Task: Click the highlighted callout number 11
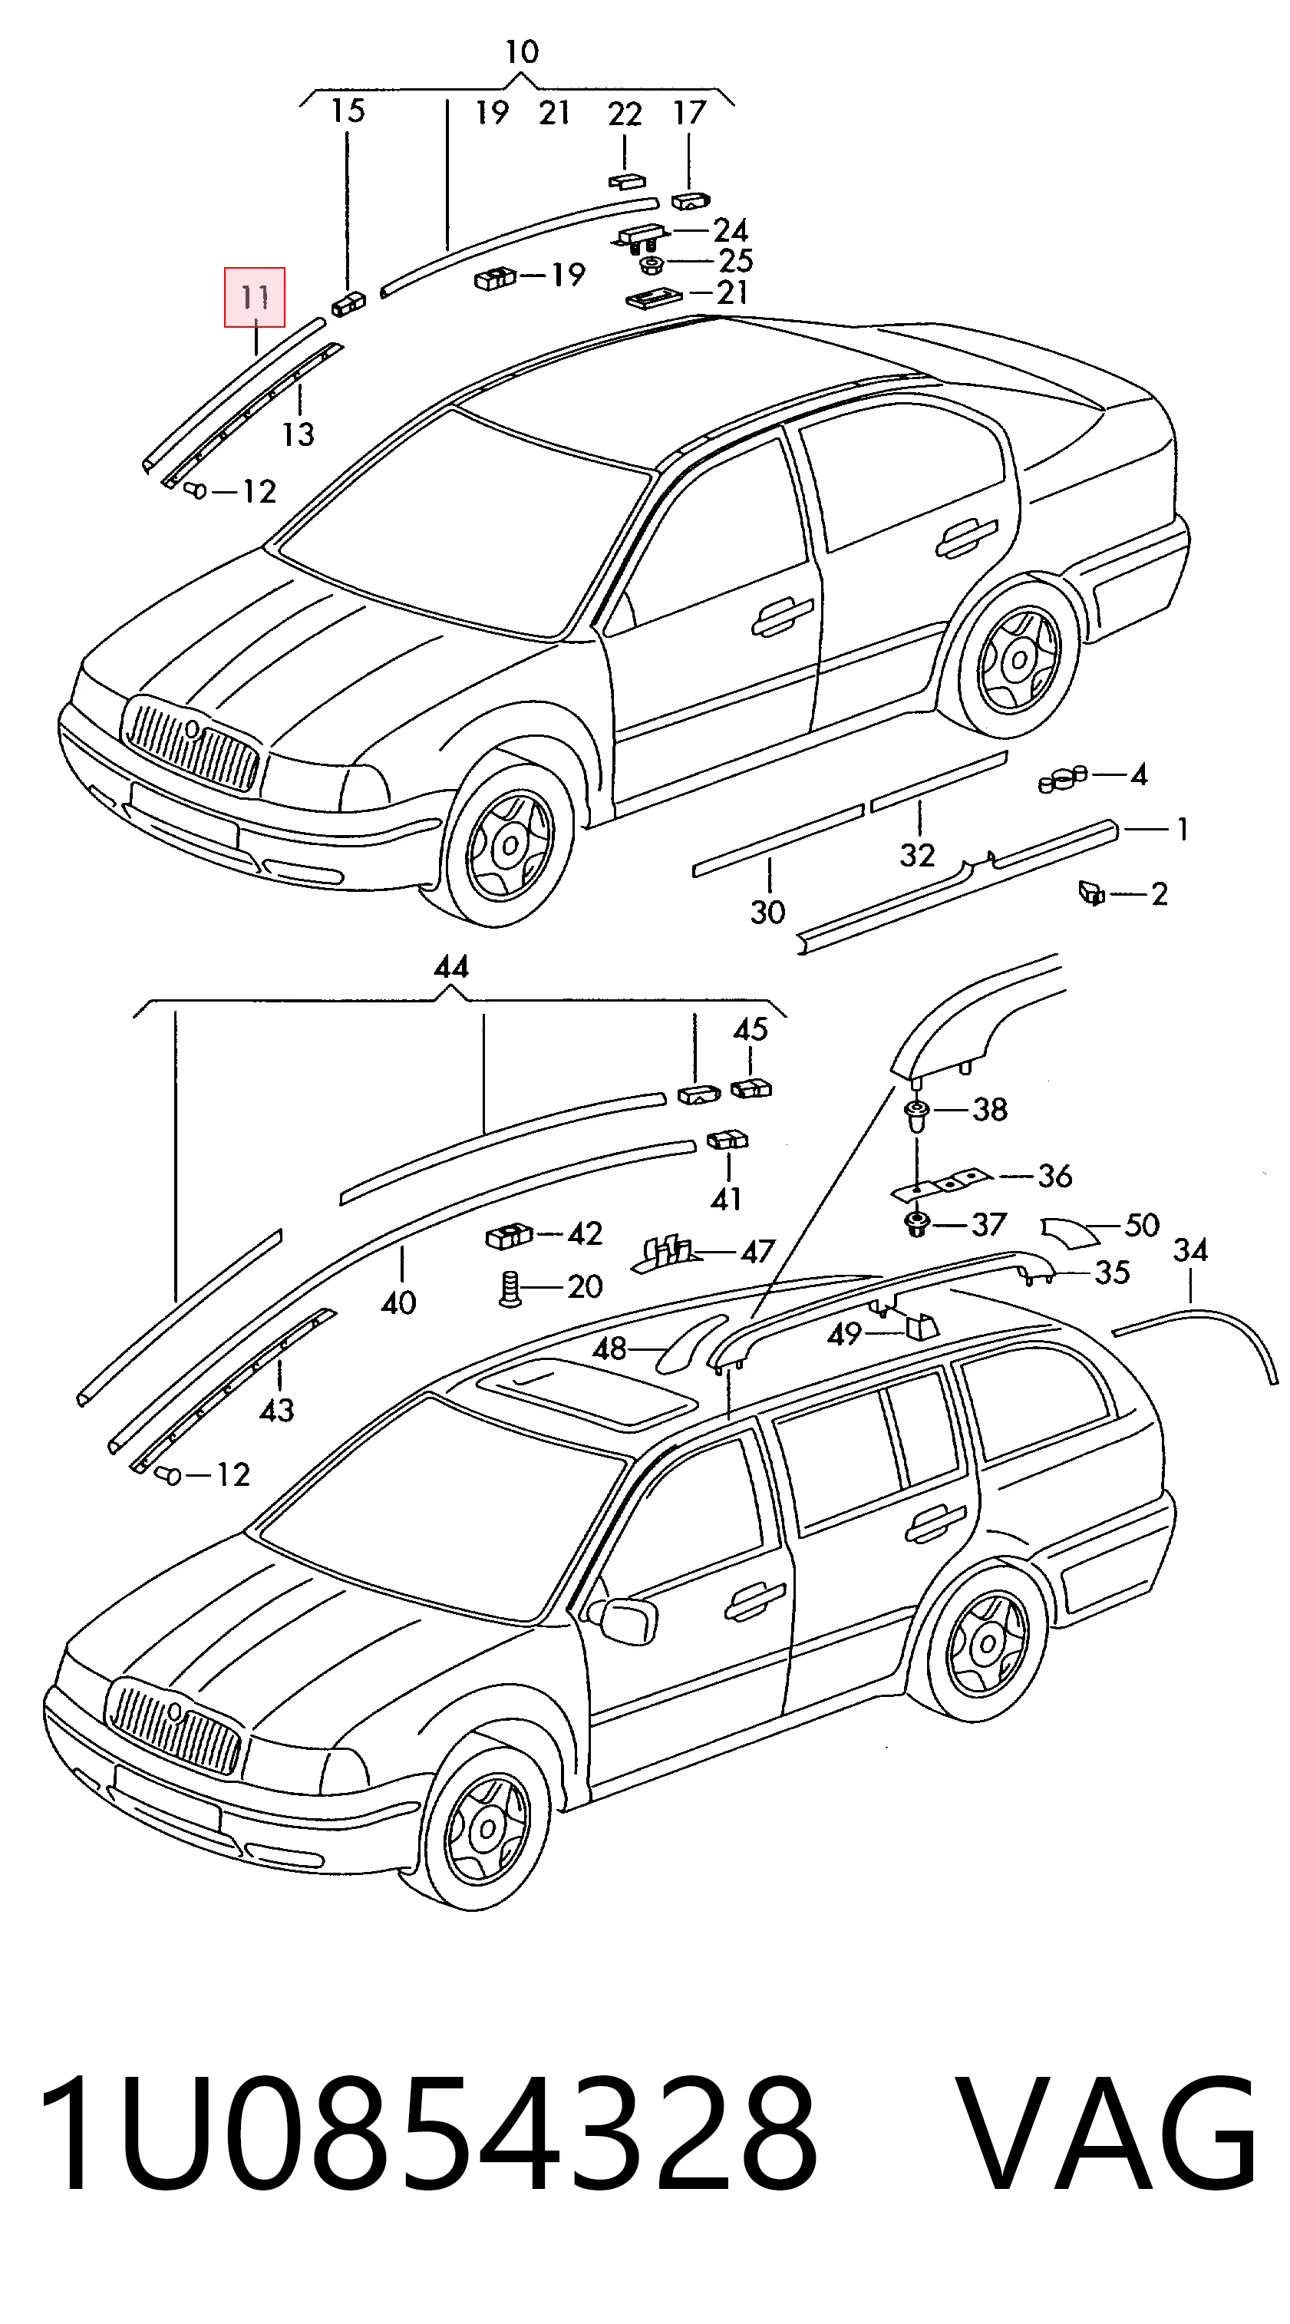(x=254, y=297)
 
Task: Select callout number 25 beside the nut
(x=735, y=261)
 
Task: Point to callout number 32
(x=918, y=854)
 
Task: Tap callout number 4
(x=1139, y=775)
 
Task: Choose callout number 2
(x=1160, y=894)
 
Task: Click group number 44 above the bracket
(x=451, y=968)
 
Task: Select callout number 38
(x=990, y=1109)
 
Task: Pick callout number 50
(x=1142, y=1225)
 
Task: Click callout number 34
(x=1191, y=1250)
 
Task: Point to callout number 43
(x=276, y=1409)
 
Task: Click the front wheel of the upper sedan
(x=510, y=844)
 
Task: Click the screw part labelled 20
(x=509, y=1287)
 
